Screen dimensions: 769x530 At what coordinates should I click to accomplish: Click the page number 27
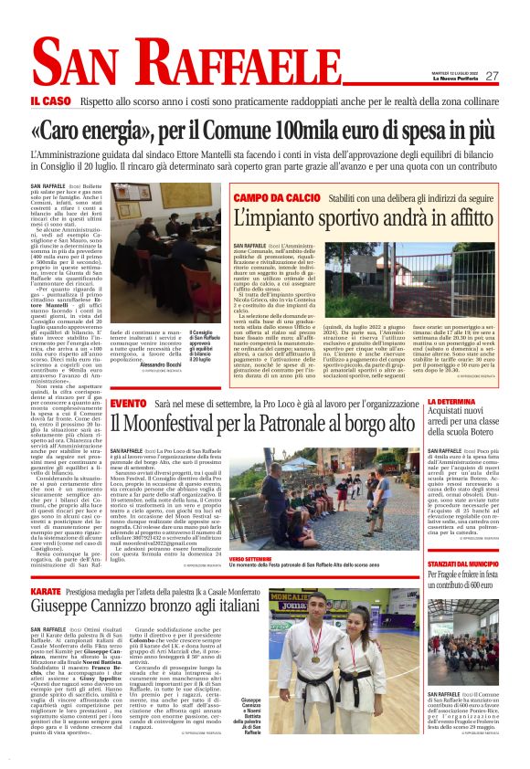click(492, 76)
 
